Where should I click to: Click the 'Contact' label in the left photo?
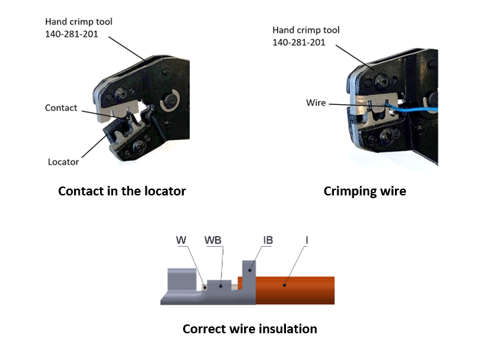61,108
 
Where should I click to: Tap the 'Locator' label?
63,162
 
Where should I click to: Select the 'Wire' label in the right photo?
316,103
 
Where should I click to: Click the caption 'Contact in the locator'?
122,191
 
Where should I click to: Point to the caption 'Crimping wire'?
364,191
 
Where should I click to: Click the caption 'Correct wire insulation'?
250,329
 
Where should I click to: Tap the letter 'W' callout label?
181,241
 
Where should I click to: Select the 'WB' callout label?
213,241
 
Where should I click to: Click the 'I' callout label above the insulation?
307,241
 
